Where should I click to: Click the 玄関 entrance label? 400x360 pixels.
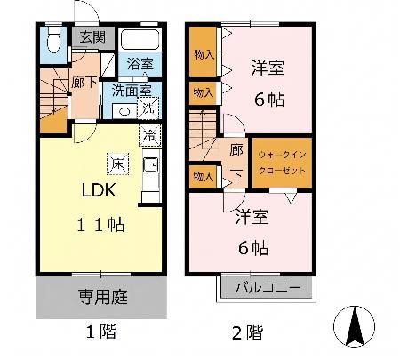point(92,37)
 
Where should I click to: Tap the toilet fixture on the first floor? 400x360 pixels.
point(54,39)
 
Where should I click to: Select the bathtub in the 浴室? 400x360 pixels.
point(140,39)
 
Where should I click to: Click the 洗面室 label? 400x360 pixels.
point(132,91)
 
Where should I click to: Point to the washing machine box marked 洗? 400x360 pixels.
point(148,108)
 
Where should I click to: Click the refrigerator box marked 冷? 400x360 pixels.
point(150,135)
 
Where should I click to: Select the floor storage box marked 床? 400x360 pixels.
point(117,164)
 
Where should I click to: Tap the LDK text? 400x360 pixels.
point(99,190)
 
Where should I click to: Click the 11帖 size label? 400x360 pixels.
point(100,224)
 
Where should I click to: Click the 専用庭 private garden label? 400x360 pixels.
point(103,297)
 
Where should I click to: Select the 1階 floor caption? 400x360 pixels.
point(101,332)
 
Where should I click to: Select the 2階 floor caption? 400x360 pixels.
point(247,332)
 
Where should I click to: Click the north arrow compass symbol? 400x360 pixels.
point(354,326)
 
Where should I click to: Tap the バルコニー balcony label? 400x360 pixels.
point(268,287)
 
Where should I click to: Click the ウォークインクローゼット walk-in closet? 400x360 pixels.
point(282,163)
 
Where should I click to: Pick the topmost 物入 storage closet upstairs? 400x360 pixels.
point(203,52)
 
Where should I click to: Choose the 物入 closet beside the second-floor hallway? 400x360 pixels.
point(204,177)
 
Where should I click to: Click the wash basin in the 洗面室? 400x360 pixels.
point(124,112)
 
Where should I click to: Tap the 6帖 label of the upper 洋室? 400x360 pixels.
point(269,100)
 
